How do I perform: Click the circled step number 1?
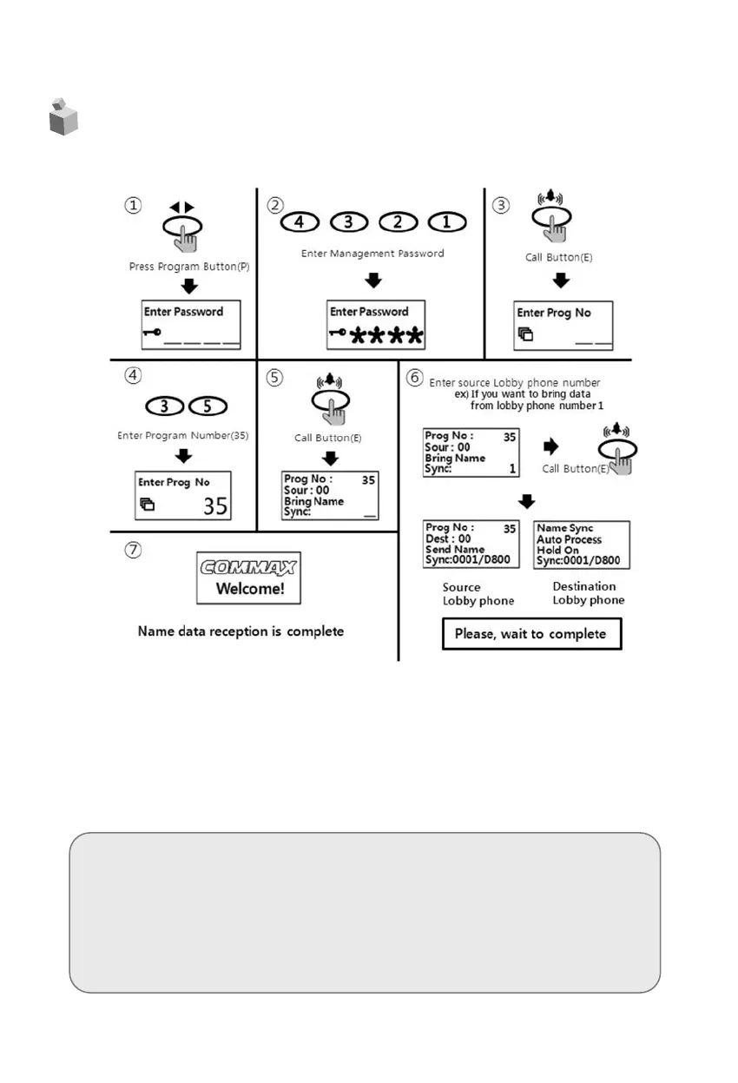coord(132,206)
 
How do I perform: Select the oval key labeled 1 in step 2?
coord(447,221)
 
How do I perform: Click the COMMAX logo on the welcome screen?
coord(248,568)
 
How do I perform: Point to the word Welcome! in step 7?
coord(248,589)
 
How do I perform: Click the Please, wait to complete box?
coord(531,634)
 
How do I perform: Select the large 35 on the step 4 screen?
coord(215,505)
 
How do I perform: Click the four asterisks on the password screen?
coord(386,334)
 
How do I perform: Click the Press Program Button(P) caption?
coord(188,267)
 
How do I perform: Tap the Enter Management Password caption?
coord(372,254)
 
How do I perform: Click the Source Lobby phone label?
coord(478,594)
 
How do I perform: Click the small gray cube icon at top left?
coord(63,117)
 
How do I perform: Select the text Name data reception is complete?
coord(241,631)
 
